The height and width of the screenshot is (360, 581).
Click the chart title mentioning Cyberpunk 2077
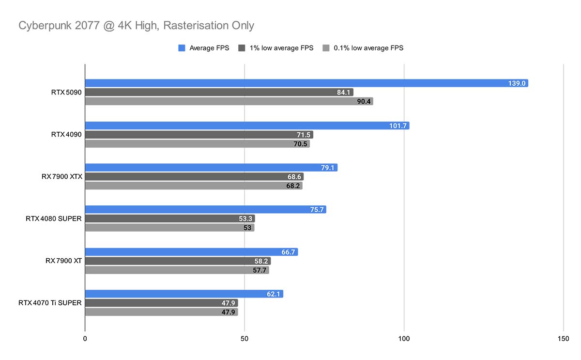pos(136,26)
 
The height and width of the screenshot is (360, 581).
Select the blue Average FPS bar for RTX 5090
pos(306,83)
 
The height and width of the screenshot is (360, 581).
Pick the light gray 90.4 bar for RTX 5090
pos(229,101)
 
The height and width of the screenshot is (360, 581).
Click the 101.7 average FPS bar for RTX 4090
pos(247,125)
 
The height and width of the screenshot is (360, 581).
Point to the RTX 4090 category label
pos(67,135)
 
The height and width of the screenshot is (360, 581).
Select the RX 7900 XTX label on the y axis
pos(62,177)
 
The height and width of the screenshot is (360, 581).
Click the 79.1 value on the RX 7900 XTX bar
pos(327,168)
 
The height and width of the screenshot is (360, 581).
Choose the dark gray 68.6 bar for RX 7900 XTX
pos(194,177)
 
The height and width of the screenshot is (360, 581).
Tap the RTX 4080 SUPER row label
pos(54,219)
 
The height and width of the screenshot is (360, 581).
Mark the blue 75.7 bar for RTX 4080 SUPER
pos(205,210)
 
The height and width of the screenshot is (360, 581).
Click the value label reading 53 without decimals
pos(247,228)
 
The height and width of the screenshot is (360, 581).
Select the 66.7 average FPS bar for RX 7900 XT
pos(191,252)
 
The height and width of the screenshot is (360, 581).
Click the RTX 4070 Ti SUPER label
pos(50,303)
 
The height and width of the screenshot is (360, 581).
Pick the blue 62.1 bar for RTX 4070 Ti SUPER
pos(184,294)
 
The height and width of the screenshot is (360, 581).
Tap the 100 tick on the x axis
pos(404,338)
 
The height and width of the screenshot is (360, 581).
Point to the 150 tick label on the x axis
pos(563,338)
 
